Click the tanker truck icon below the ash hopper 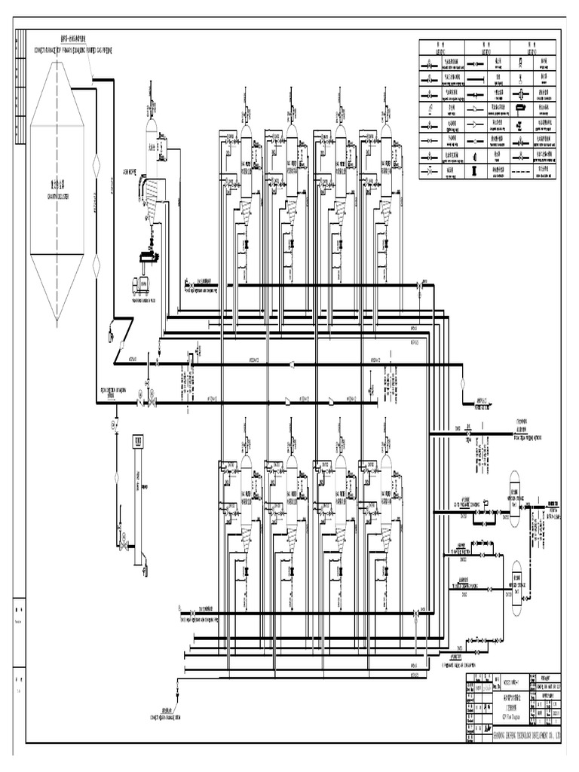141,284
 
